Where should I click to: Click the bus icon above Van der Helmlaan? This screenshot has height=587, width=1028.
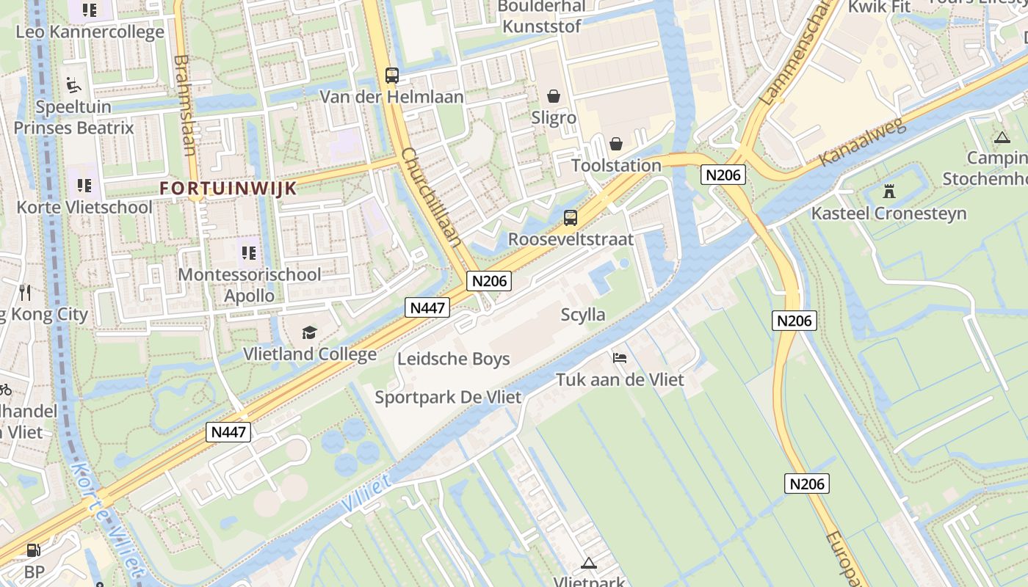point(392,75)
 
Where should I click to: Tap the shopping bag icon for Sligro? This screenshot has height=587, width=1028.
point(553,96)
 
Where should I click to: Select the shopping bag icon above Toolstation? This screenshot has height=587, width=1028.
point(616,144)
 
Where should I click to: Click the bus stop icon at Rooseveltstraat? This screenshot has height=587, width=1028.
point(571,218)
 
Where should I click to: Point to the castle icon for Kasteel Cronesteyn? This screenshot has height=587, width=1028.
point(889,192)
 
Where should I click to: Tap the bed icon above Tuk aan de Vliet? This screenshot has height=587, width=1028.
point(620,358)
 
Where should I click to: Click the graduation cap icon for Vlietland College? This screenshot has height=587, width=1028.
point(309,333)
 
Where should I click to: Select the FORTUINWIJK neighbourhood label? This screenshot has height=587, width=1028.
point(228,188)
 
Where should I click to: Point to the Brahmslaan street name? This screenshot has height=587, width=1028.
point(185,106)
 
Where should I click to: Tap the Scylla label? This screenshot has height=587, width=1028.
point(583,315)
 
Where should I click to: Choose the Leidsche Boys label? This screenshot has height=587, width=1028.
point(453,359)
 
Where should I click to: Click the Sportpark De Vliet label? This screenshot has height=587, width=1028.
point(448,397)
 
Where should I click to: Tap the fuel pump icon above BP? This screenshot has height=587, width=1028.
point(33,550)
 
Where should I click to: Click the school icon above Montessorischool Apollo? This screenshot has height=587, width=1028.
point(249,253)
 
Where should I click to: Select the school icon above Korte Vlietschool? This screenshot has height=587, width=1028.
point(84,185)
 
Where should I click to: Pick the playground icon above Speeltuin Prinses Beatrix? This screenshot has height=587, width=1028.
point(73,85)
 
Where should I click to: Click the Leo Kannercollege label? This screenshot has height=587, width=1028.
point(90,32)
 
